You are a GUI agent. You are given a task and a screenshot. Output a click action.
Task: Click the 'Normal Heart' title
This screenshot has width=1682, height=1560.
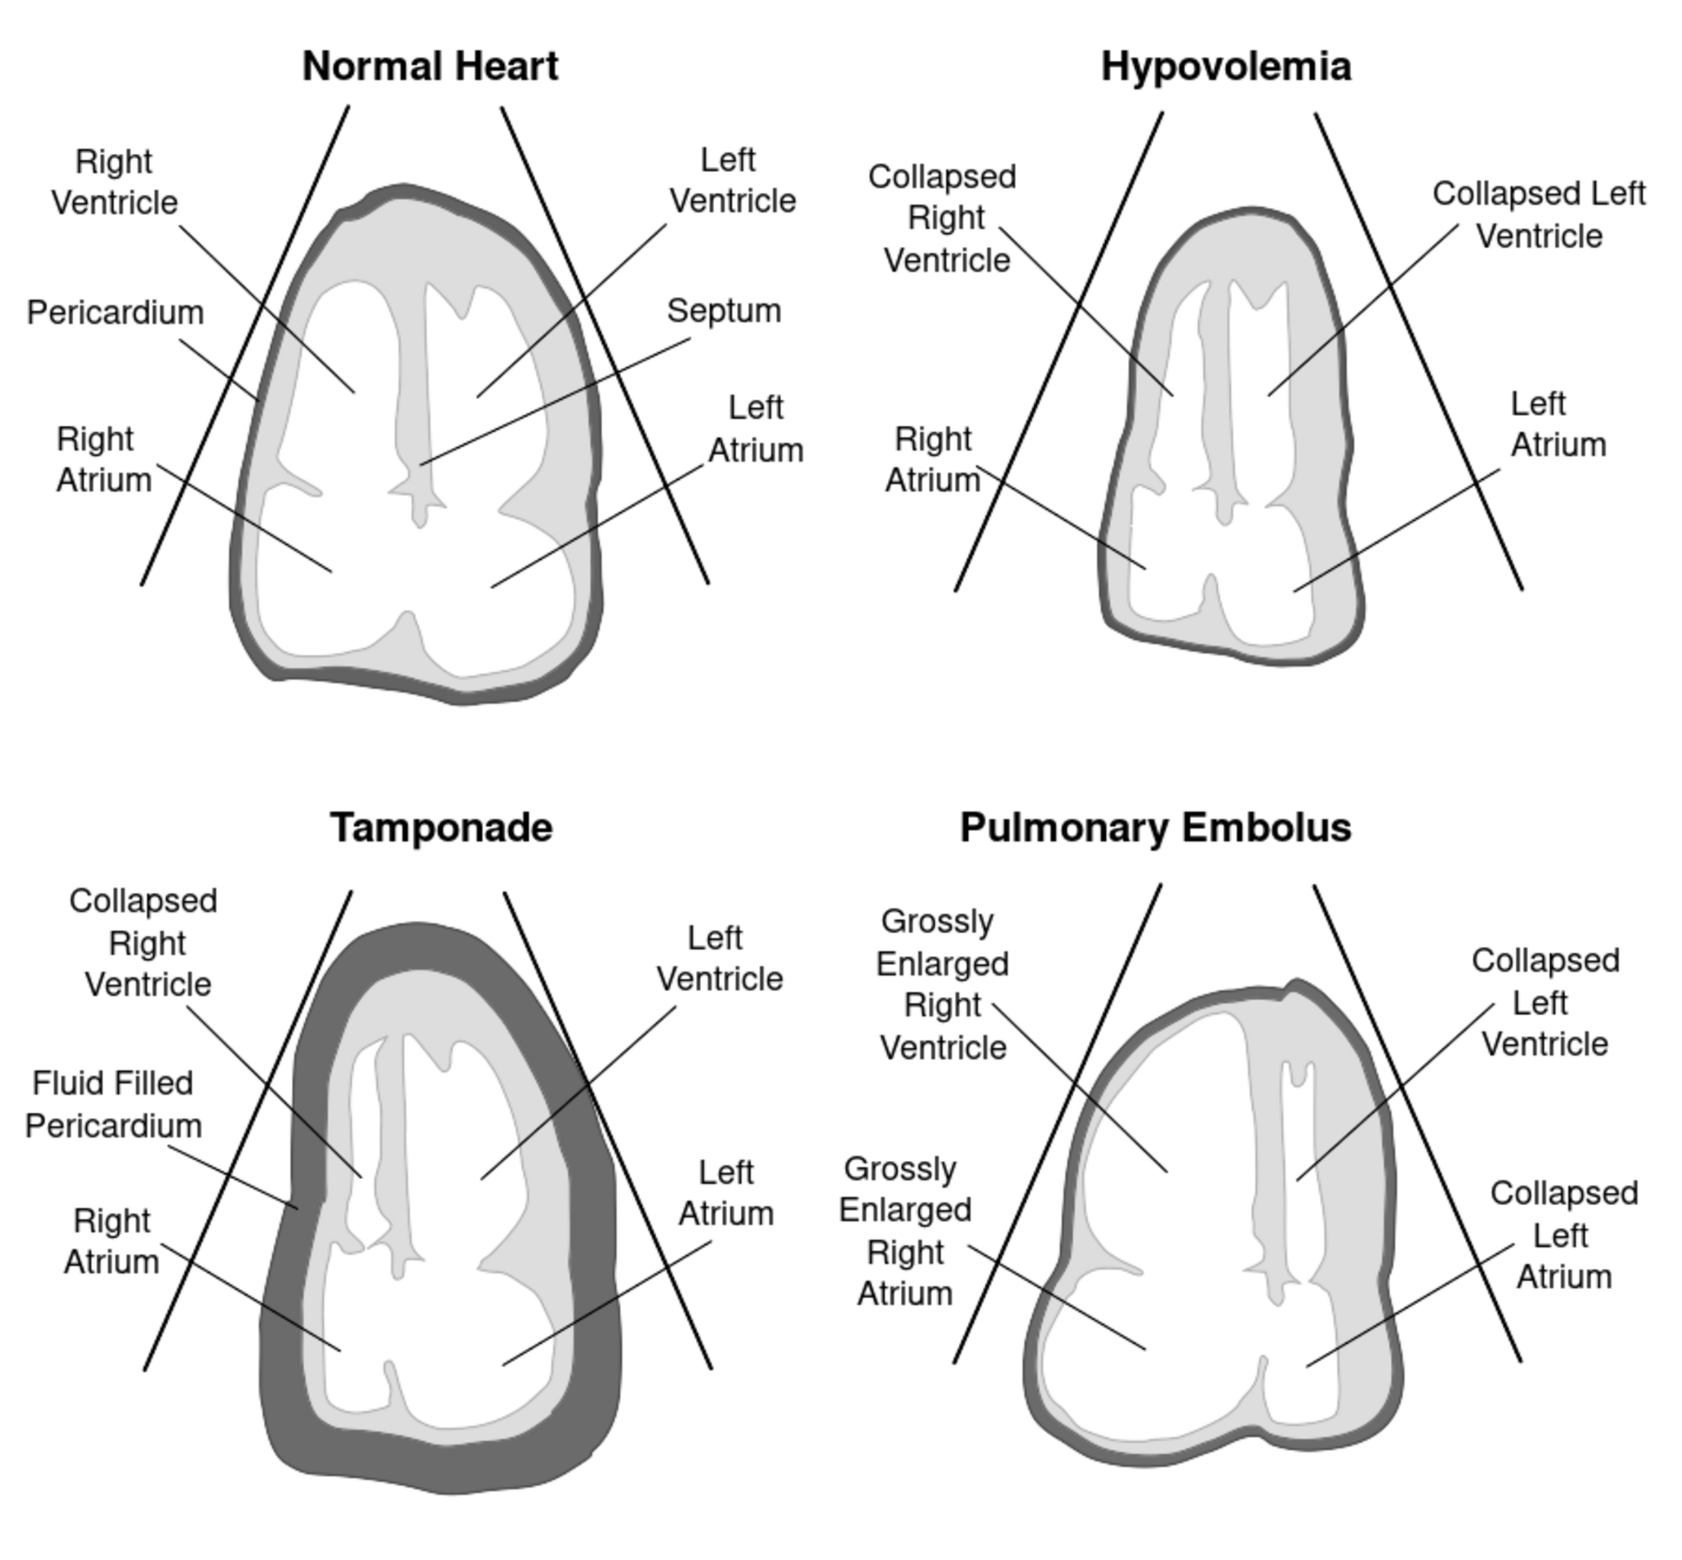coord(430,66)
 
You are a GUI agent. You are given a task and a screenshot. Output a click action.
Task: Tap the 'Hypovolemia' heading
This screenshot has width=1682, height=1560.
coord(1225,66)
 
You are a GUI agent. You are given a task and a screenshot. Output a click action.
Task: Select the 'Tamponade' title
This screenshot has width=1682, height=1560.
coord(441,827)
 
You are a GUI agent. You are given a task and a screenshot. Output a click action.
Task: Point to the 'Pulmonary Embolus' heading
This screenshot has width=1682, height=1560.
coord(1155,827)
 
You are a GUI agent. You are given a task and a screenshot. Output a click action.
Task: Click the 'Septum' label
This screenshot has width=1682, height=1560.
coord(723,311)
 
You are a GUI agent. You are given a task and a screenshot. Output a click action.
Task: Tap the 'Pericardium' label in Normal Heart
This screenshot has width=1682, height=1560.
coord(115,312)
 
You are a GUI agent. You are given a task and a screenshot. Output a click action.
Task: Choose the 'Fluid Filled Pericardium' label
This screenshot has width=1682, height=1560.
coord(113,1104)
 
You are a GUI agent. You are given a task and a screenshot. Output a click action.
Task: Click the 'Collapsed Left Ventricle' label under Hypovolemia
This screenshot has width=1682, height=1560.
coord(1539,214)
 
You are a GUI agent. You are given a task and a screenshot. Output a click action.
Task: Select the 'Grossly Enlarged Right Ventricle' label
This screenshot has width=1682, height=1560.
coord(942,984)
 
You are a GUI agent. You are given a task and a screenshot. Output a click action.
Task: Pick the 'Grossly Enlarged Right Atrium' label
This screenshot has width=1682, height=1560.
coord(905,1231)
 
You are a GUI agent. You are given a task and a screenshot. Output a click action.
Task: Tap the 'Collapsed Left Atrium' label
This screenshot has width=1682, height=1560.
coord(1564,1234)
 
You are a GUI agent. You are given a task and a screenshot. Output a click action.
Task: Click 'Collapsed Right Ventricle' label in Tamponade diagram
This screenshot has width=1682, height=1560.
coord(146,942)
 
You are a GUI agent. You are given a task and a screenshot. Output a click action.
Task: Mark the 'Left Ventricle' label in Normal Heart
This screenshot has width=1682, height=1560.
coord(732,181)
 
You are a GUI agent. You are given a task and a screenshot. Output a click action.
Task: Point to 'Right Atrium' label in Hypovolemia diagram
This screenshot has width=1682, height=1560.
coord(932,459)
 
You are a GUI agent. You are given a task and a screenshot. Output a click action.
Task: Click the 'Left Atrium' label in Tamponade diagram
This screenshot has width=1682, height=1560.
coord(726,1193)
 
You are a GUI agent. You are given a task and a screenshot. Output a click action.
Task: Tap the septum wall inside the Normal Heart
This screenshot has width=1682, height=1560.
coord(413,380)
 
